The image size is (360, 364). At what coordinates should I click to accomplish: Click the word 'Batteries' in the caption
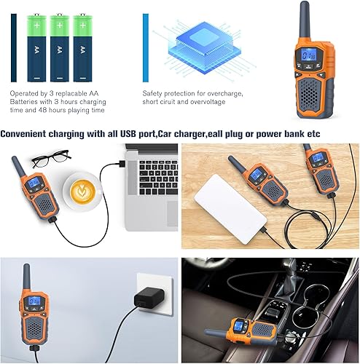(26, 102)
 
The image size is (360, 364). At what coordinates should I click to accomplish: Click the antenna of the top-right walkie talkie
(304, 18)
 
